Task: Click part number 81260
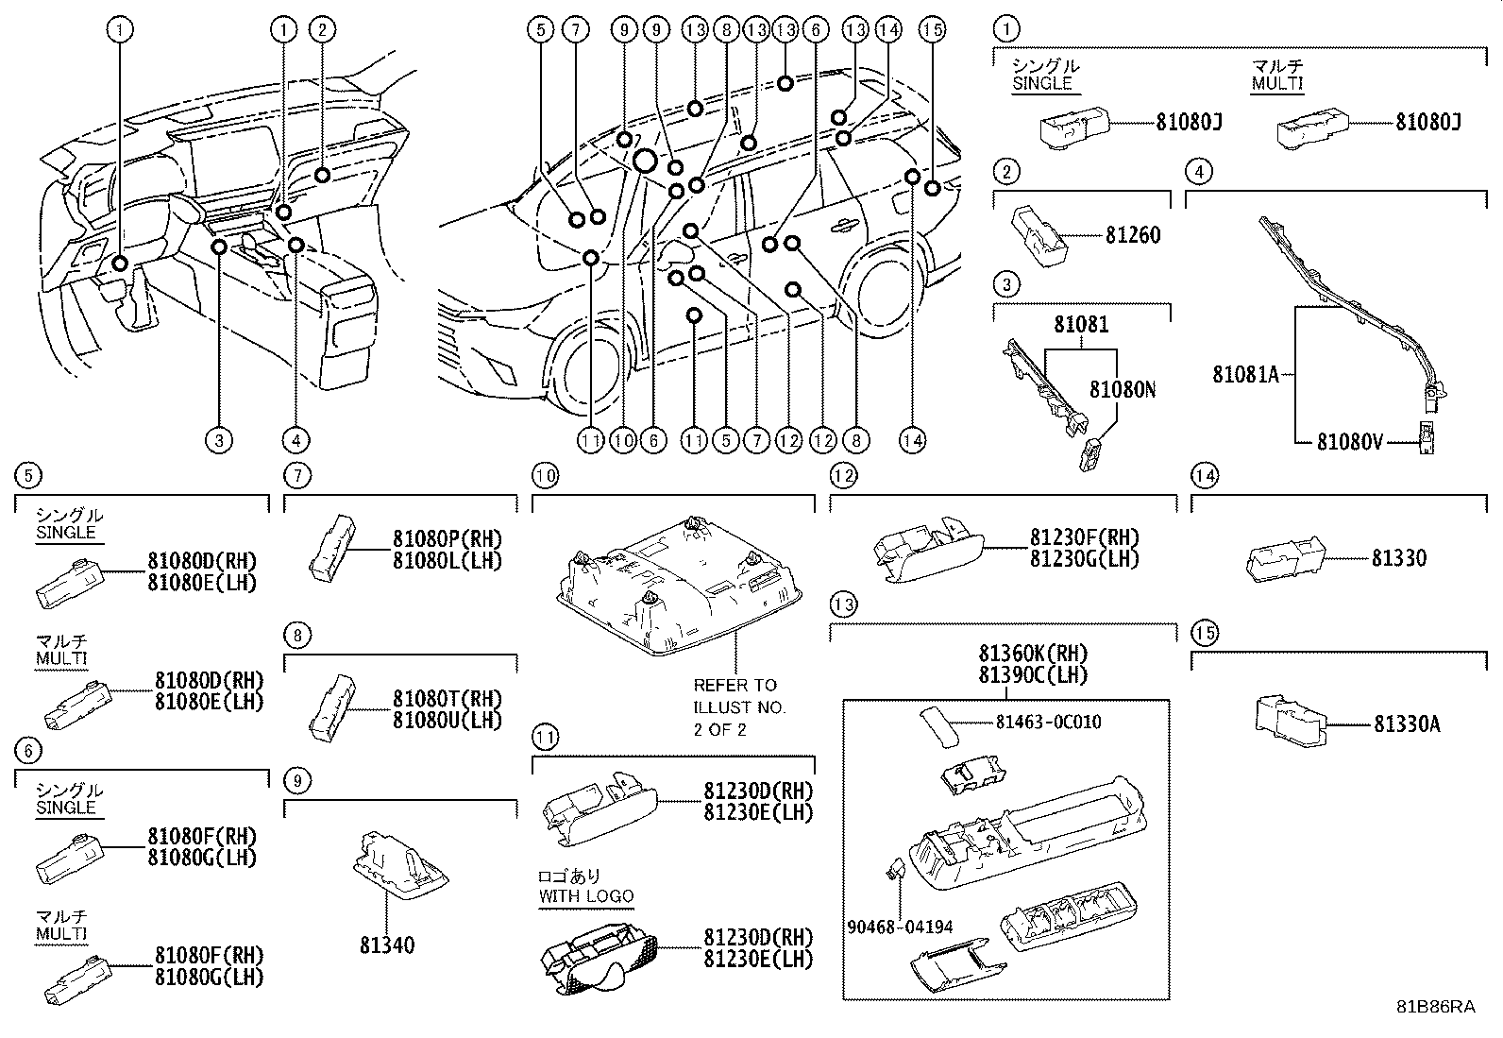point(1133,235)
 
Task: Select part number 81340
point(386,945)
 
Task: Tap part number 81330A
point(1407,724)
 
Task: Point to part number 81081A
point(1245,375)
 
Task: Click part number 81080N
point(1123,390)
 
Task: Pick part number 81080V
point(1350,441)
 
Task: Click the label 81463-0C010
point(1048,723)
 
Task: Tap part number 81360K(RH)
point(1033,654)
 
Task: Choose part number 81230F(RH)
point(1084,537)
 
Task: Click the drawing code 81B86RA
point(1436,1007)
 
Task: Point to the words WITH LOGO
point(586,895)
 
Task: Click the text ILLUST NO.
point(739,706)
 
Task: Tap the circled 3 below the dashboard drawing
point(218,440)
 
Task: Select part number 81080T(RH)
point(447,699)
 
